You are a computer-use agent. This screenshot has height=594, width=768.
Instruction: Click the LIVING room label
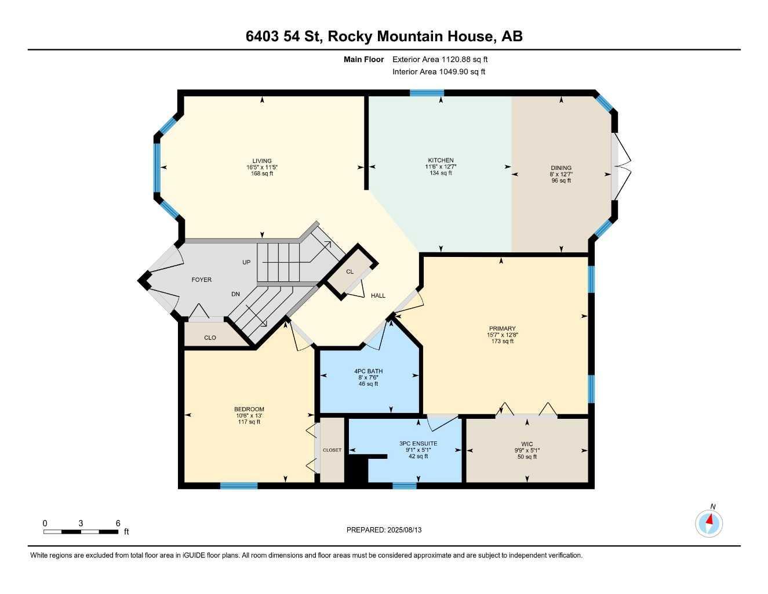[x=262, y=161]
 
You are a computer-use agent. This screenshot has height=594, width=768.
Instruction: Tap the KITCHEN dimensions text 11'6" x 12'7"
[x=441, y=166]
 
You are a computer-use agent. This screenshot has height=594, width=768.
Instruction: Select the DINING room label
[x=561, y=168]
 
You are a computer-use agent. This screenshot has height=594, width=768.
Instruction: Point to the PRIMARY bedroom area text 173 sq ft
[x=502, y=341]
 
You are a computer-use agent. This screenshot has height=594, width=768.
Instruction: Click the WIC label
[x=527, y=444]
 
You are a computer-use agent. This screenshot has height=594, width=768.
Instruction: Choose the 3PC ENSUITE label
[x=418, y=443]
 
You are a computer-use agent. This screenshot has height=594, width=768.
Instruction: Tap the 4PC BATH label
[x=368, y=371]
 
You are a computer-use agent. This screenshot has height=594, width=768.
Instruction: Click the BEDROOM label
[x=249, y=409]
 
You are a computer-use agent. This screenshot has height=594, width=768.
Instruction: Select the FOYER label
[x=202, y=280]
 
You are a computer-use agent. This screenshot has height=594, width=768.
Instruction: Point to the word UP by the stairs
[x=246, y=262]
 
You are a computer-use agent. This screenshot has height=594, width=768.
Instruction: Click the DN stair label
[x=235, y=294]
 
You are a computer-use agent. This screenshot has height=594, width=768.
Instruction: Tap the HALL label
[x=378, y=296]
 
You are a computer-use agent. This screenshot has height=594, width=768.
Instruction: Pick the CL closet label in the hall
[x=350, y=271]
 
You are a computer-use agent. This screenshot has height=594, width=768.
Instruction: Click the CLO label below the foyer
[x=210, y=338]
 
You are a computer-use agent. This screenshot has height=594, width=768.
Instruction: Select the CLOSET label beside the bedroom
[x=332, y=450]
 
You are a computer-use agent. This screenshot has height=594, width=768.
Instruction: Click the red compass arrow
[x=709, y=520]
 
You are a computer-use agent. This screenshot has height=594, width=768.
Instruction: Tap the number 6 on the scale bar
[x=118, y=523]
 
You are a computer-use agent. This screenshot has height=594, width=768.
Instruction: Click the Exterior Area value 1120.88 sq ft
[x=464, y=59]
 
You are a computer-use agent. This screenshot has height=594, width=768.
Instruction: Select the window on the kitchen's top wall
[x=427, y=93]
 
